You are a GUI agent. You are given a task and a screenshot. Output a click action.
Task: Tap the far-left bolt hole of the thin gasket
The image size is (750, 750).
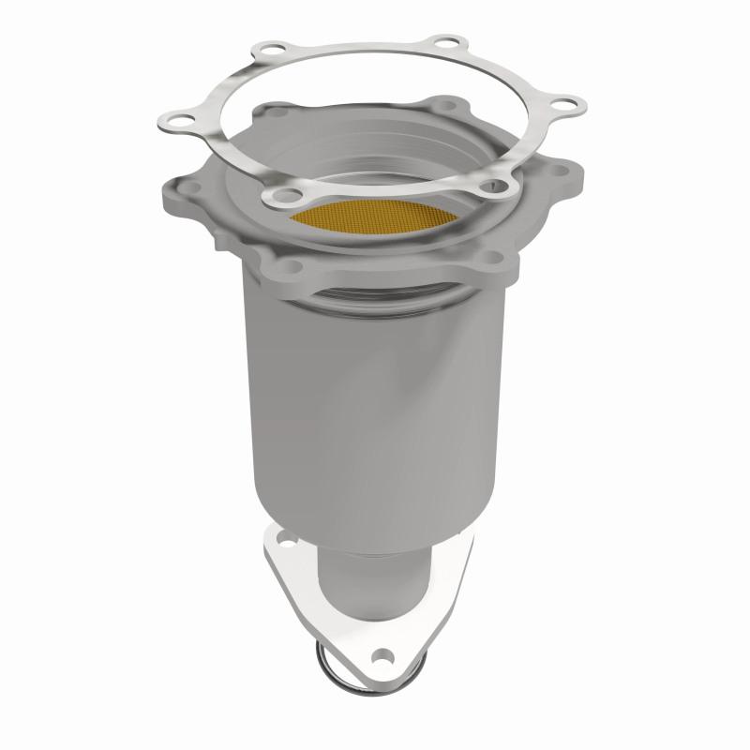(x=174, y=118)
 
